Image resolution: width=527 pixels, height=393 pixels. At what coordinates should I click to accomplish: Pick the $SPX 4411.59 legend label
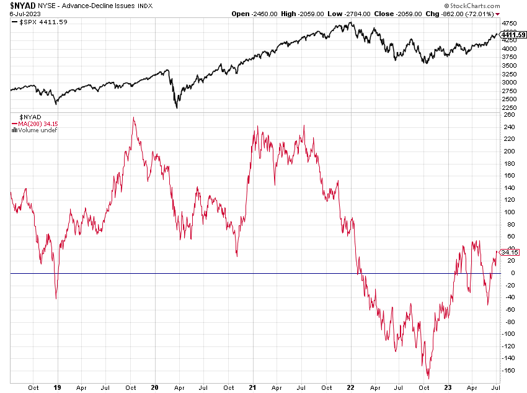pos(36,22)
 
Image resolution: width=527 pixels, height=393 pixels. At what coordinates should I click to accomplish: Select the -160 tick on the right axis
pos(508,371)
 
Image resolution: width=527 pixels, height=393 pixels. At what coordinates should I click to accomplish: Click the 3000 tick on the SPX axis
pos(509,82)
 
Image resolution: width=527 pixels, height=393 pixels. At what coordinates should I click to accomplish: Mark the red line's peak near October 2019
pos(133,117)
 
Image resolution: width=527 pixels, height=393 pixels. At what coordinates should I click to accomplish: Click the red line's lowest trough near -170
pos(428,378)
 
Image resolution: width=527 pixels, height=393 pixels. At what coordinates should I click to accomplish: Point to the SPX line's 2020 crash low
pos(177,108)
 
